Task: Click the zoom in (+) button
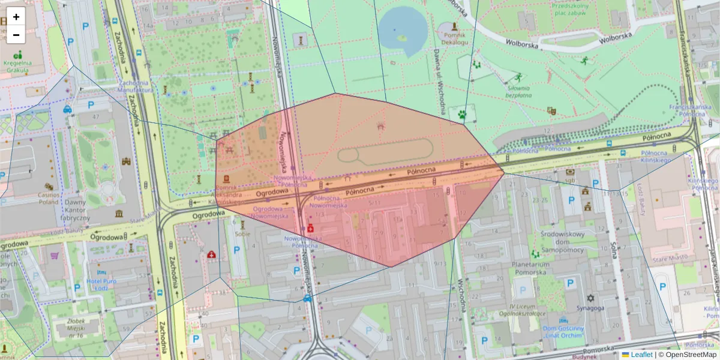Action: (x=16, y=17)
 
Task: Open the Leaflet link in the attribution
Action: (x=641, y=355)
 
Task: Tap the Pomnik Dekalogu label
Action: (x=454, y=38)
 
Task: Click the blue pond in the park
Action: (x=401, y=29)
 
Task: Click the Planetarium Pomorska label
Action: (x=530, y=268)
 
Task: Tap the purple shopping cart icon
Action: (x=55, y=255)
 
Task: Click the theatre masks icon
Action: (x=551, y=110)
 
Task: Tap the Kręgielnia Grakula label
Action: (x=17, y=66)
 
